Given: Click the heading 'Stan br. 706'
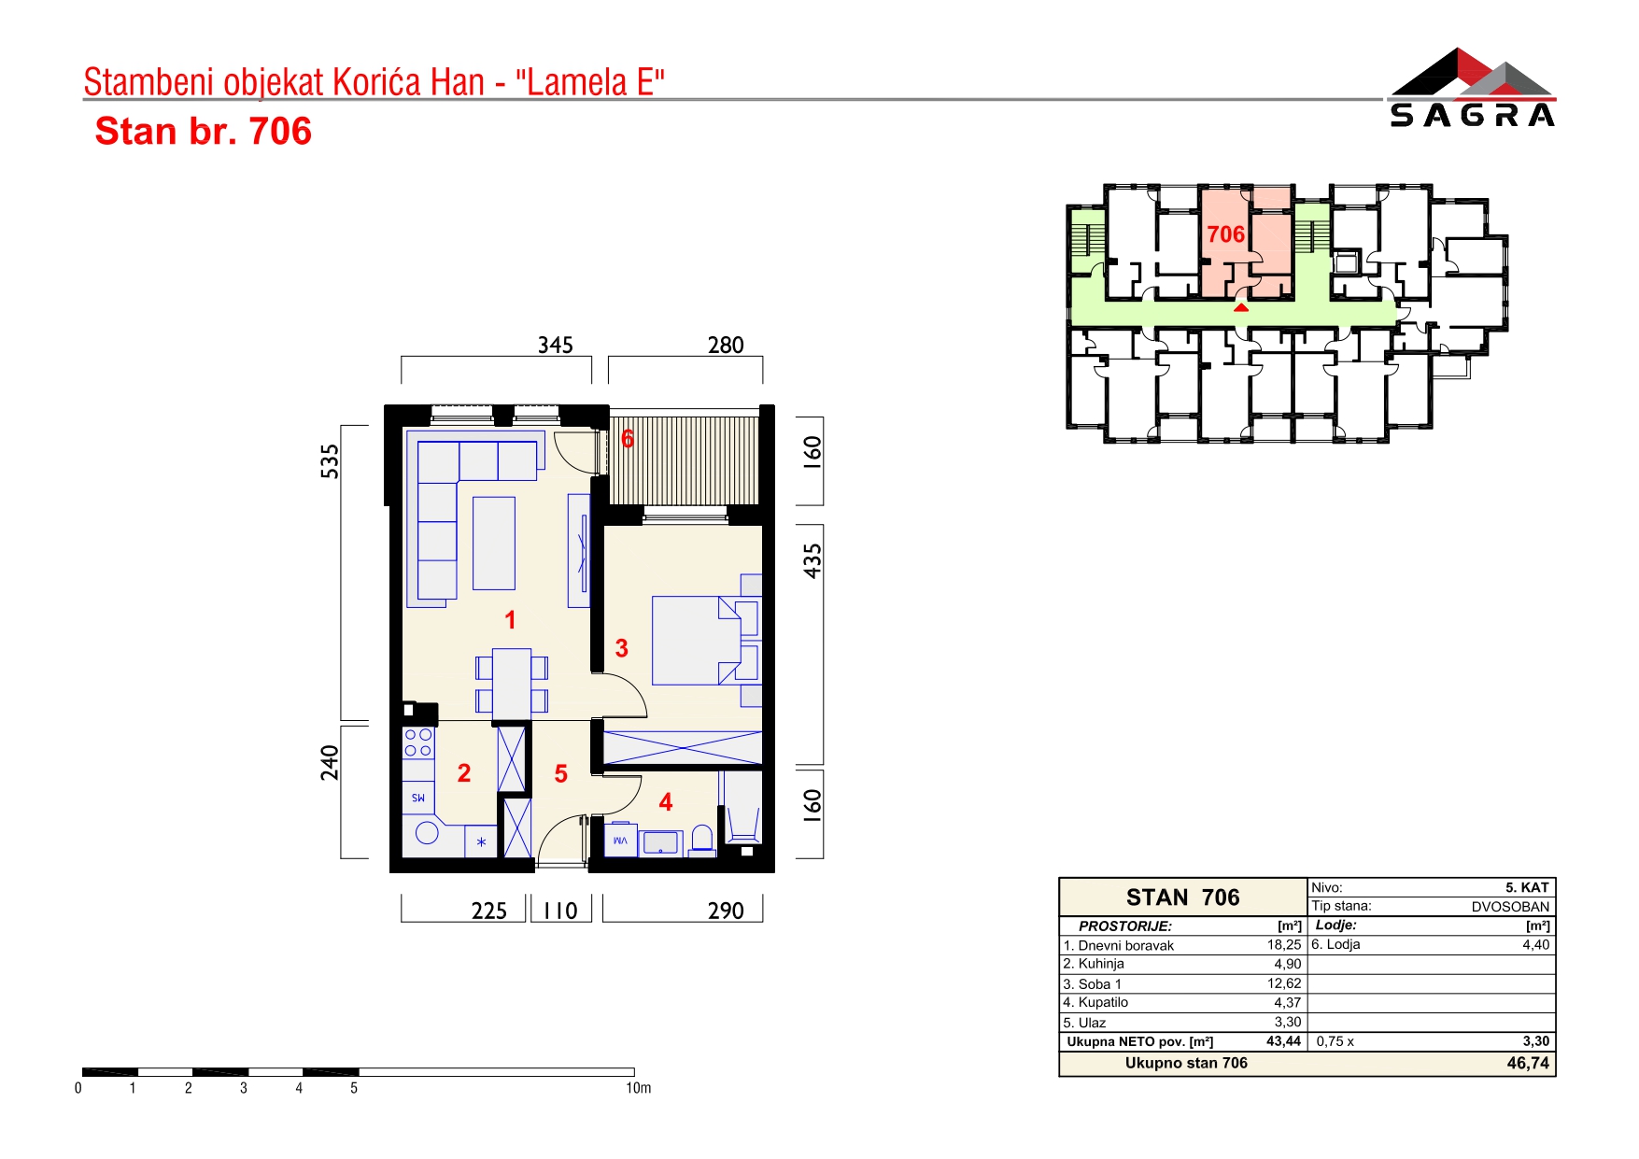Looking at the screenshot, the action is click(204, 132).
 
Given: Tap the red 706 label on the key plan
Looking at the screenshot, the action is click(1225, 234).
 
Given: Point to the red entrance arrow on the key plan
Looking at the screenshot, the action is click(1240, 307).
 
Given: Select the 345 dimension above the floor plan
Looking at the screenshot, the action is click(555, 346).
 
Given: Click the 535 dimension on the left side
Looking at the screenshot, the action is click(330, 461).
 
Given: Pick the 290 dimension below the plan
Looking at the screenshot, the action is click(726, 911).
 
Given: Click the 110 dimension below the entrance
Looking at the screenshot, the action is click(560, 911).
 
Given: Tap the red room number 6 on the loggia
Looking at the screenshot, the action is click(628, 438).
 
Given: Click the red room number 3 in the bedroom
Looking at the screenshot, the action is click(622, 648).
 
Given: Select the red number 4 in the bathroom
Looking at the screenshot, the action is click(666, 802).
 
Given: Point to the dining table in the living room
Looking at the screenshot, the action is click(512, 684).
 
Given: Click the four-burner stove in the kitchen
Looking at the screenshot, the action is click(418, 742).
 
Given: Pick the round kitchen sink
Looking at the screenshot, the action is click(428, 832).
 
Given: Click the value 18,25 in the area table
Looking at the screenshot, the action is click(1284, 945).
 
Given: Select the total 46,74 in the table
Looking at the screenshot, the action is click(1528, 1063).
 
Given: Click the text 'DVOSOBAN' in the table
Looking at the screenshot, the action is click(1510, 906).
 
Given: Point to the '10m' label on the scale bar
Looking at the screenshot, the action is click(639, 1088).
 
